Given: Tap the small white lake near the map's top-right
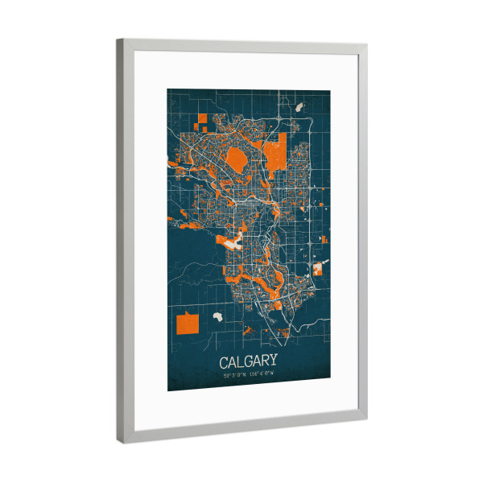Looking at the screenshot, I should point(299,106).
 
